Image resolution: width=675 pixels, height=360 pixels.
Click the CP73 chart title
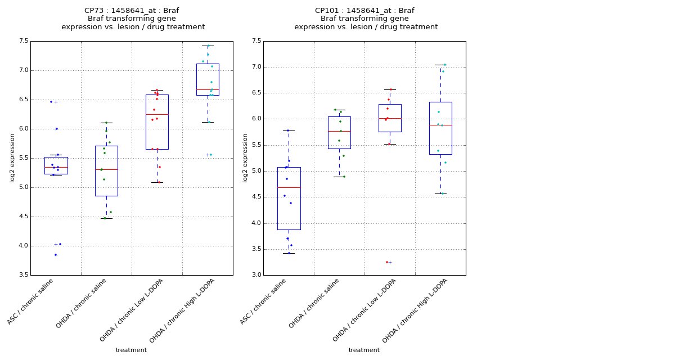133,19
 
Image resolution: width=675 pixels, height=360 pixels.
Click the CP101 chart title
366,19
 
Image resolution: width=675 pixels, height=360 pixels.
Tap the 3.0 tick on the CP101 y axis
256,275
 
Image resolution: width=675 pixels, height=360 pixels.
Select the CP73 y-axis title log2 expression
12,157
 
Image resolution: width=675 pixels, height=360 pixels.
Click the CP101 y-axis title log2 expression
245,157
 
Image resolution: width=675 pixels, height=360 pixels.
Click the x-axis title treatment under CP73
131,350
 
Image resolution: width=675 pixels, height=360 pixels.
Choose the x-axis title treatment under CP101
364,350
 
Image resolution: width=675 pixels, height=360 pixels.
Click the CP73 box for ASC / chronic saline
56,165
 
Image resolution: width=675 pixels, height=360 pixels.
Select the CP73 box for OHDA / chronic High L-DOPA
208,79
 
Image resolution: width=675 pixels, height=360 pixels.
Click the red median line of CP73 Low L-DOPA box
157,114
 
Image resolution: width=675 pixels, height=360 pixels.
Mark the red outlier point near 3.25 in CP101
387,262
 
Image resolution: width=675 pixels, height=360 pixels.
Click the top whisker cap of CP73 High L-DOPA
208,46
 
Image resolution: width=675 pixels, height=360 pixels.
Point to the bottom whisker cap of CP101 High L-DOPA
440,193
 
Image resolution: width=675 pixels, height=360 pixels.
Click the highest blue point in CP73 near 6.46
51,102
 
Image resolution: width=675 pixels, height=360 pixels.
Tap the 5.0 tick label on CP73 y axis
24,187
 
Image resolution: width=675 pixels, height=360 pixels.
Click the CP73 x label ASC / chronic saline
31,301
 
